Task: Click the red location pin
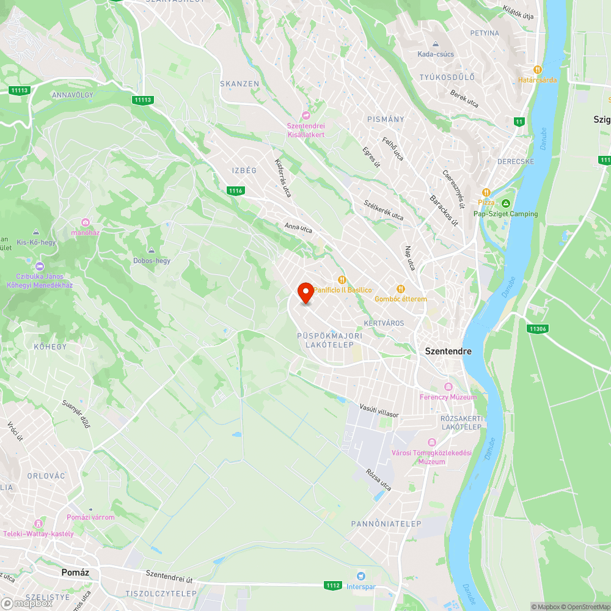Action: [x=305, y=292]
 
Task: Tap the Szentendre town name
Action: [x=448, y=352]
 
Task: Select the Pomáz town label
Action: [x=76, y=573]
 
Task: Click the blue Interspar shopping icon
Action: [x=361, y=576]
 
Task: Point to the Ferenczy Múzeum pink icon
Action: [x=448, y=387]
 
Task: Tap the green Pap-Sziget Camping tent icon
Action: [x=506, y=203]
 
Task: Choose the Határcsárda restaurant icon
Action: [x=538, y=70]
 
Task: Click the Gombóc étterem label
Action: [x=401, y=299]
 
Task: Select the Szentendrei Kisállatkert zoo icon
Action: [x=306, y=115]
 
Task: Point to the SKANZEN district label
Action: [x=240, y=84]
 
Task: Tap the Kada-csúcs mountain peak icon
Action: [x=436, y=45]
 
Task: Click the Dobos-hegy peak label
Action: [x=152, y=261]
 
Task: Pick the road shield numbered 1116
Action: [x=236, y=191]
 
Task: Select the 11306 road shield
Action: [x=538, y=329]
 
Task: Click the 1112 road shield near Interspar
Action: [x=333, y=585]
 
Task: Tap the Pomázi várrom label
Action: [x=90, y=518]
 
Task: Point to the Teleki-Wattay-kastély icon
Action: [x=38, y=524]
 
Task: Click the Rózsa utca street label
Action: [x=378, y=481]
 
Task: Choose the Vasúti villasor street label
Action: [x=379, y=411]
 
